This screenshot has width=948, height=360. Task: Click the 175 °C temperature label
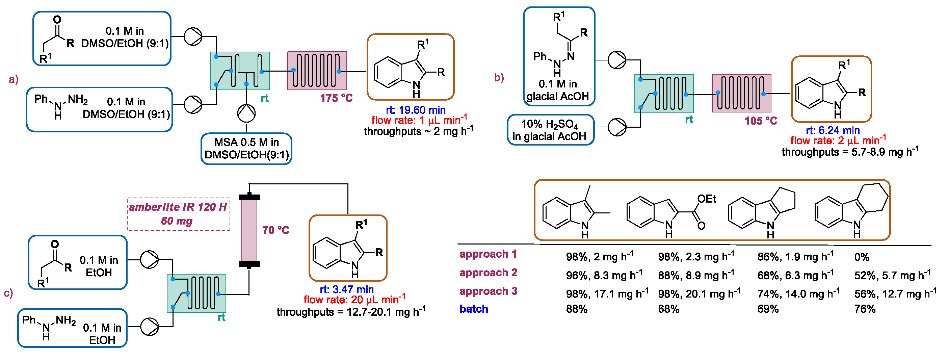pos(336,98)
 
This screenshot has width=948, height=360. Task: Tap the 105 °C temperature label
pos(761,121)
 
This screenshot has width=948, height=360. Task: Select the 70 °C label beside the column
pos(275,230)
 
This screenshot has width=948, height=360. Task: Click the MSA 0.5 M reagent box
pos(246,149)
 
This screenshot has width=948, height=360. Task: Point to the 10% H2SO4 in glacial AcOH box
pos(550,130)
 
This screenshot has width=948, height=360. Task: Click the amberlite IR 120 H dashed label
pos(179,214)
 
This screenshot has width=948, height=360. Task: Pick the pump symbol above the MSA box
pos(246,113)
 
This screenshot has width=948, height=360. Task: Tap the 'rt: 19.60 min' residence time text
pos(416,110)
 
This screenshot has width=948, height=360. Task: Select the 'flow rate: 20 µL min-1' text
pos(354,300)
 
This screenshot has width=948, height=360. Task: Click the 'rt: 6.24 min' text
pos(833,130)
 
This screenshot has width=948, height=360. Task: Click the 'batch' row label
pos(474,309)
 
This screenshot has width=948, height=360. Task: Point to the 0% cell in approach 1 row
pos(862,257)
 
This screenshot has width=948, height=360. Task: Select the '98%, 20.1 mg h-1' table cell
pos(699,294)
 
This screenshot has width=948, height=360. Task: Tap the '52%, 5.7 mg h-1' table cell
pos(892,275)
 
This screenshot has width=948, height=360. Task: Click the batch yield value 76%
pos(865,309)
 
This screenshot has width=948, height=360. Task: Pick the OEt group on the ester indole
pos(706,199)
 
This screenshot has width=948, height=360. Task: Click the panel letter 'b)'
pos(499,78)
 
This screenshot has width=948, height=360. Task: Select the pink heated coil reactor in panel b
pos(741,93)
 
